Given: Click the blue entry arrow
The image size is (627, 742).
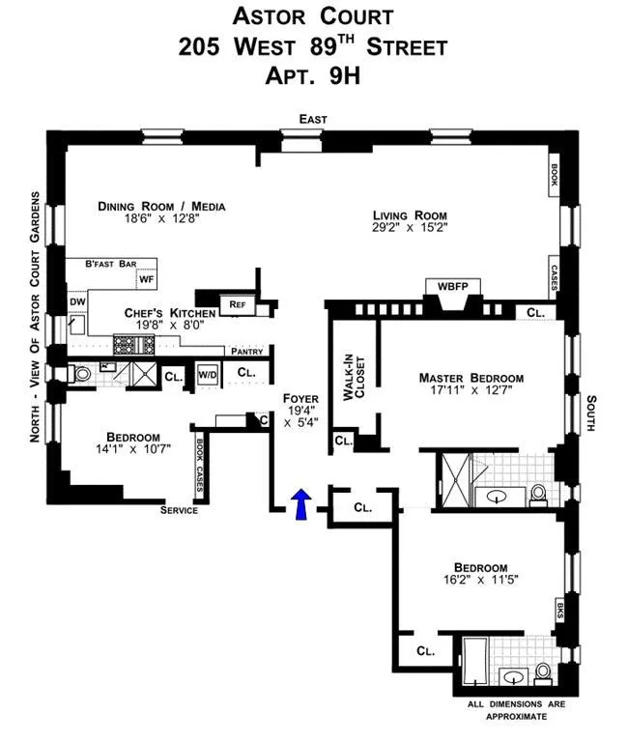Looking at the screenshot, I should tap(300, 502).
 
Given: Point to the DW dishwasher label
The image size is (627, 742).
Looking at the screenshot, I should tap(77, 302).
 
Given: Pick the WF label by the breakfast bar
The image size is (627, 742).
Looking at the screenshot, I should tap(147, 279).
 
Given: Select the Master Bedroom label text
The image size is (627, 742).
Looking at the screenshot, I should tap(470, 378).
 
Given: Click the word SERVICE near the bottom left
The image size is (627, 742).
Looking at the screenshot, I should tap(179, 510).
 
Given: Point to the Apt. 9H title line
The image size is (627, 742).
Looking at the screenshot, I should tap(313, 75).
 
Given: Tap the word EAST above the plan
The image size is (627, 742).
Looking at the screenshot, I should tap(313, 119).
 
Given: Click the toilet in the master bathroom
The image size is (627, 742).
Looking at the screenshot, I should tap(539, 495).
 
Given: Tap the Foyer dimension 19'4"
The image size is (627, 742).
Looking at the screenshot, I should tap(300, 411).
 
